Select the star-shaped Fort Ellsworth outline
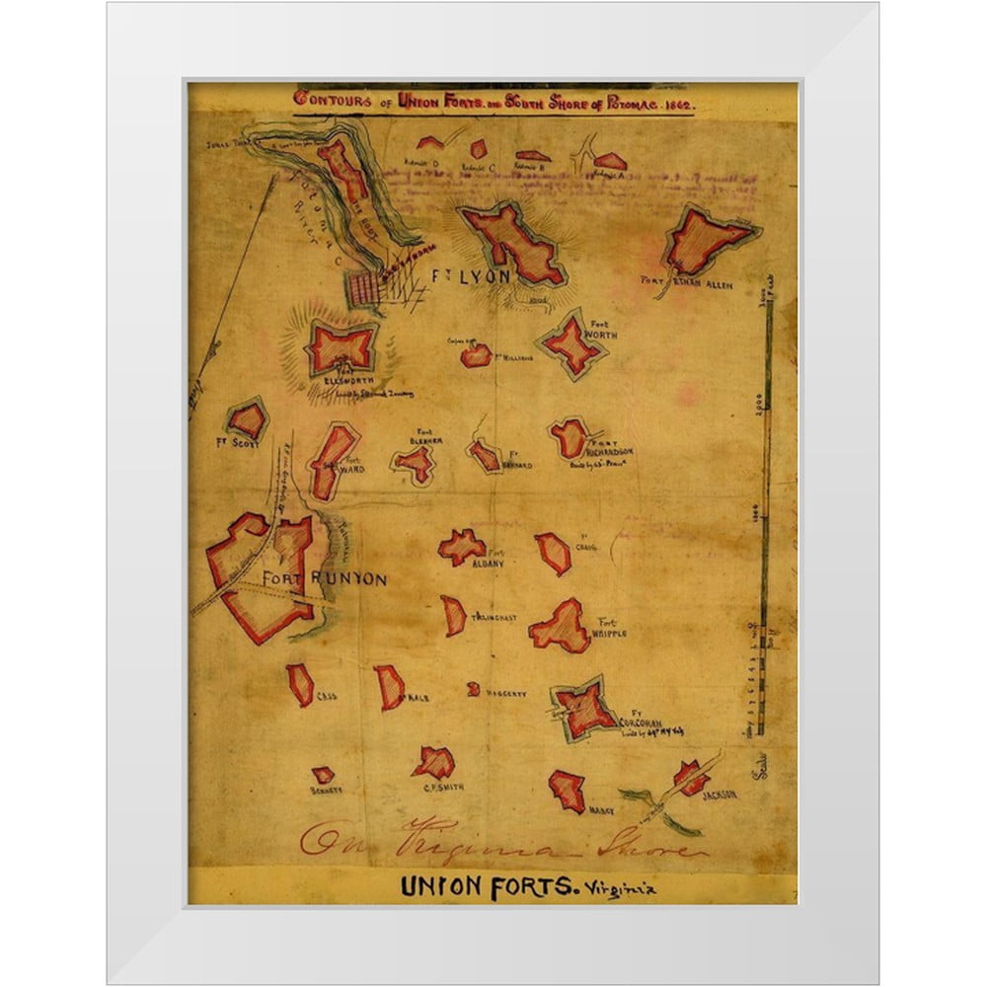[x=342, y=347]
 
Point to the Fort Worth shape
[x=571, y=343]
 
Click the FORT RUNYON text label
[x=324, y=579]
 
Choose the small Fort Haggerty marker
[x=474, y=689]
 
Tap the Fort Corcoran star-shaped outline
[x=586, y=709]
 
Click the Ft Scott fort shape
[x=247, y=420]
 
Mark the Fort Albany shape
[x=461, y=546]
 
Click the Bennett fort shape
[x=323, y=775]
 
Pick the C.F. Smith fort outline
[x=434, y=761]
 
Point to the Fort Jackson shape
[x=691, y=777]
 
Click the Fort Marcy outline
[x=568, y=790]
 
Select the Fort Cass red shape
[x=300, y=684]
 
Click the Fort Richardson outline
[x=569, y=438]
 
